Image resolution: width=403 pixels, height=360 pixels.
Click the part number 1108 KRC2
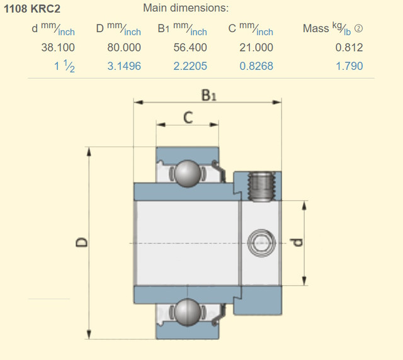click(x=32, y=9)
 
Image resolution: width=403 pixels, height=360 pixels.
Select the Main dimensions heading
click(x=186, y=8)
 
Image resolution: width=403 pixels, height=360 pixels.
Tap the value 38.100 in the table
click(x=58, y=48)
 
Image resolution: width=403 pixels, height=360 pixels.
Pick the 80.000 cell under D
click(x=124, y=48)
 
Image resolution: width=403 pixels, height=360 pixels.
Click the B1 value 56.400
click(x=190, y=48)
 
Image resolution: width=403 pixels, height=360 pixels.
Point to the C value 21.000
click(x=256, y=48)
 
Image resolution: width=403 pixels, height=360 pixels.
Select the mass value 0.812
click(x=349, y=48)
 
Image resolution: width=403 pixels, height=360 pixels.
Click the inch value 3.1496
click(x=124, y=66)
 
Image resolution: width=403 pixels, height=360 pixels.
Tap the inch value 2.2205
click(x=190, y=66)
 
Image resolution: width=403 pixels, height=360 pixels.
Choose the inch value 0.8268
click(x=256, y=66)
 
